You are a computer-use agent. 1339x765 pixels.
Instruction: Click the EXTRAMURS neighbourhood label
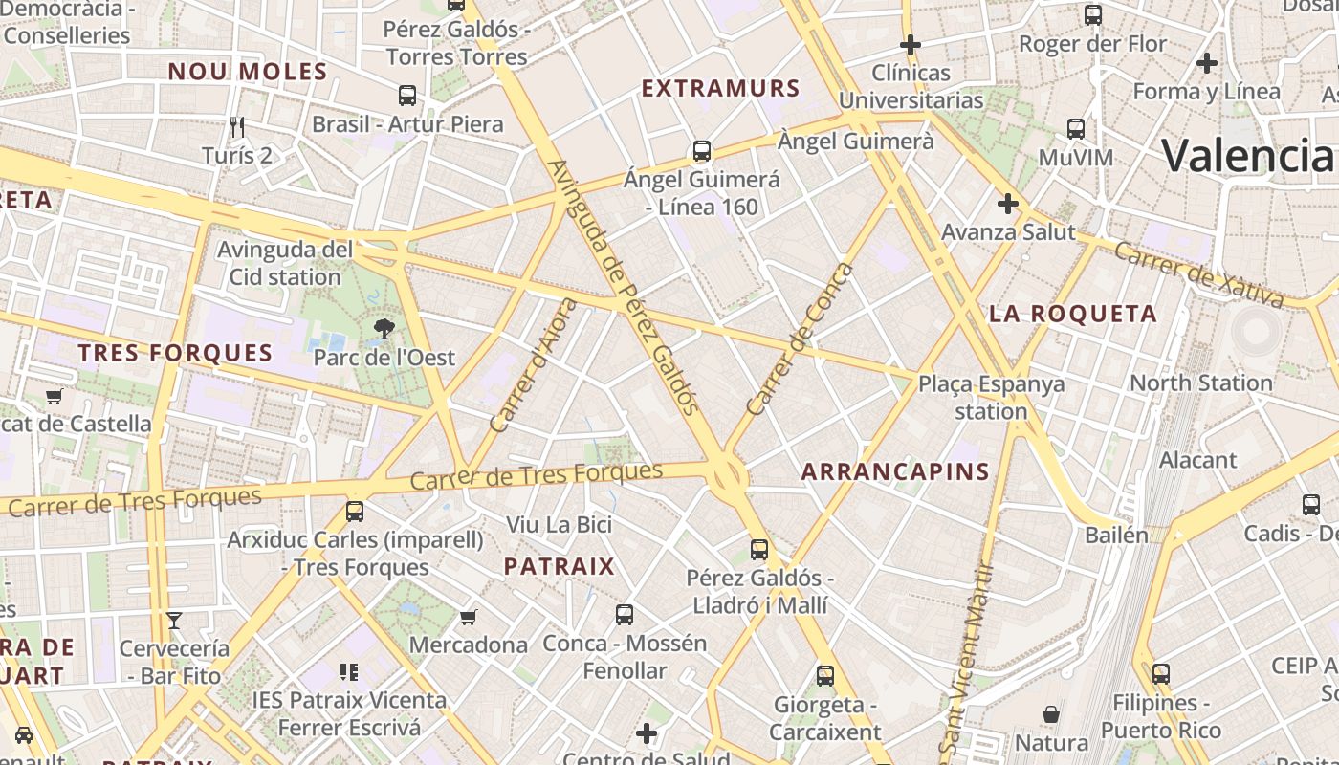click(720, 88)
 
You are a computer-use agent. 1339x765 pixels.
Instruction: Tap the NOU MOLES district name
click(248, 71)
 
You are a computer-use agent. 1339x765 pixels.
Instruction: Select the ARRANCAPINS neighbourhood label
click(894, 470)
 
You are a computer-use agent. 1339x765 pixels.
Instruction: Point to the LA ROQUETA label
click(1073, 314)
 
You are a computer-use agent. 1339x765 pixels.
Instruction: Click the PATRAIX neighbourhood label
click(560, 566)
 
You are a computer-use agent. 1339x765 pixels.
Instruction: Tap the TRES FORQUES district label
click(175, 353)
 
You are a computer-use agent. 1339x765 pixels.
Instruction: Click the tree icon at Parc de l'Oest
click(384, 330)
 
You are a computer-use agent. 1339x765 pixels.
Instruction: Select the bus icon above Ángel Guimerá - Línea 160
click(702, 150)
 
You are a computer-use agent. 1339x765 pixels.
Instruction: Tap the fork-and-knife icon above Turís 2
click(237, 126)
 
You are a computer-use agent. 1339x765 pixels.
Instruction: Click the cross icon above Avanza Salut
click(1007, 204)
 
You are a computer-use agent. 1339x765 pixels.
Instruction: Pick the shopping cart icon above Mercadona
click(468, 617)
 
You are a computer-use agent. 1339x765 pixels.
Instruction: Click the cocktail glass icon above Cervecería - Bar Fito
click(174, 621)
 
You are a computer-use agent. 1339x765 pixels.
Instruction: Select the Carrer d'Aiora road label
click(534, 364)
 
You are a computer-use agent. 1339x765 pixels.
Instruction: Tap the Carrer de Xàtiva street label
click(1198, 274)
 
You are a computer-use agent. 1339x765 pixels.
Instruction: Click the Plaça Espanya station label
click(991, 398)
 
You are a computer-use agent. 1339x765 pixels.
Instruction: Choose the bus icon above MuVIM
click(1076, 128)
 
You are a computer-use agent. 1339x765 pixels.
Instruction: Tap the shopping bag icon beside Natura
click(1050, 714)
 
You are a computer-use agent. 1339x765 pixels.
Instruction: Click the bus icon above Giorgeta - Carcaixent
click(825, 676)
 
